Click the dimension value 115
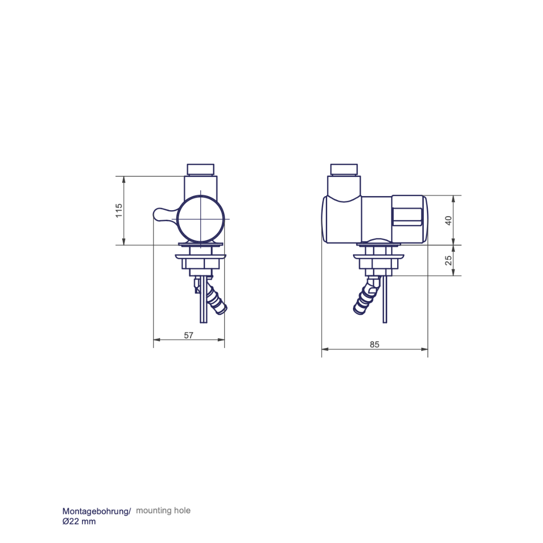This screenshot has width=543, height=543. point(119,211)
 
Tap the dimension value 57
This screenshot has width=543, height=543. point(189,335)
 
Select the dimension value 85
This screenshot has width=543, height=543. point(375,344)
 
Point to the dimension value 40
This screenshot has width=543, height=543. point(448,221)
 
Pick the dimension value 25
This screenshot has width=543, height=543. point(448,260)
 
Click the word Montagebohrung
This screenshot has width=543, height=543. point(96,511)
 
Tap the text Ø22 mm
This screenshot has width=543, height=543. point(79,521)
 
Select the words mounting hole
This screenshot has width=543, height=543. point(163,510)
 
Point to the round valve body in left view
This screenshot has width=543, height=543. point(201,219)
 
